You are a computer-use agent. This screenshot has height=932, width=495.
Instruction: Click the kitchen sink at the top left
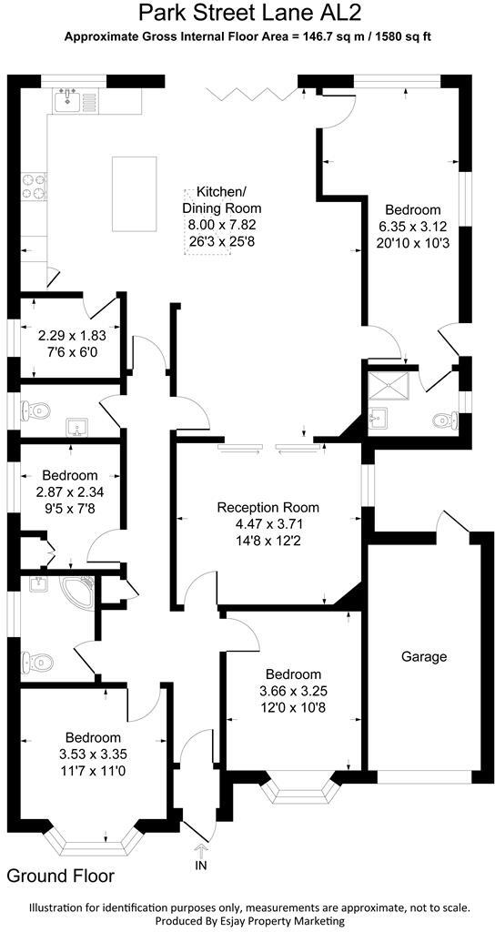[x=68, y=98]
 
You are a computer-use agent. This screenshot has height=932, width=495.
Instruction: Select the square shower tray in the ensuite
[x=392, y=387]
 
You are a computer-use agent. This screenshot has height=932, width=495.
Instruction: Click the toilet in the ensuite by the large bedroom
[x=444, y=420]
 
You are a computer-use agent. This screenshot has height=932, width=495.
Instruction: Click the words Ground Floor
[x=61, y=876]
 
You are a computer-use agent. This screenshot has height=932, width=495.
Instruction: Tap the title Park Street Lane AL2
[x=247, y=14]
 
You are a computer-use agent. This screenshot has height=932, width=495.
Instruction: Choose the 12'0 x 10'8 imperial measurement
[x=289, y=707]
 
